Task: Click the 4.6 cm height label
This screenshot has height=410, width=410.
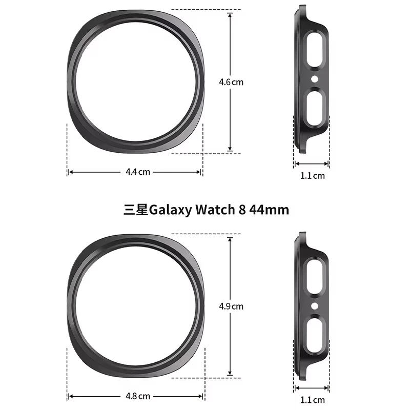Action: pos(231,81)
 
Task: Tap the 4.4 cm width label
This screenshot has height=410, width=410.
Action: pos(138,172)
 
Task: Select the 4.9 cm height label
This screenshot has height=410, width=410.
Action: pos(231,306)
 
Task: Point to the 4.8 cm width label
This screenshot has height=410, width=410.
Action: pos(138,396)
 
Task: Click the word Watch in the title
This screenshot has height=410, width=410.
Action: pos(214,210)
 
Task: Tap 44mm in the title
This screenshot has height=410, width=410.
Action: pos(269,210)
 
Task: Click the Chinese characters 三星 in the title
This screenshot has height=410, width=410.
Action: pos(135,210)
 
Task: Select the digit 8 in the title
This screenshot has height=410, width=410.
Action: pos(242,210)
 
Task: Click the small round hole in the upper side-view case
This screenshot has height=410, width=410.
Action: pos(314,79)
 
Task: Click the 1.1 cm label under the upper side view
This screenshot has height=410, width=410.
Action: pos(312,176)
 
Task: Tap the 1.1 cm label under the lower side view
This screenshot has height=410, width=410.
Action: pos(312,400)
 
